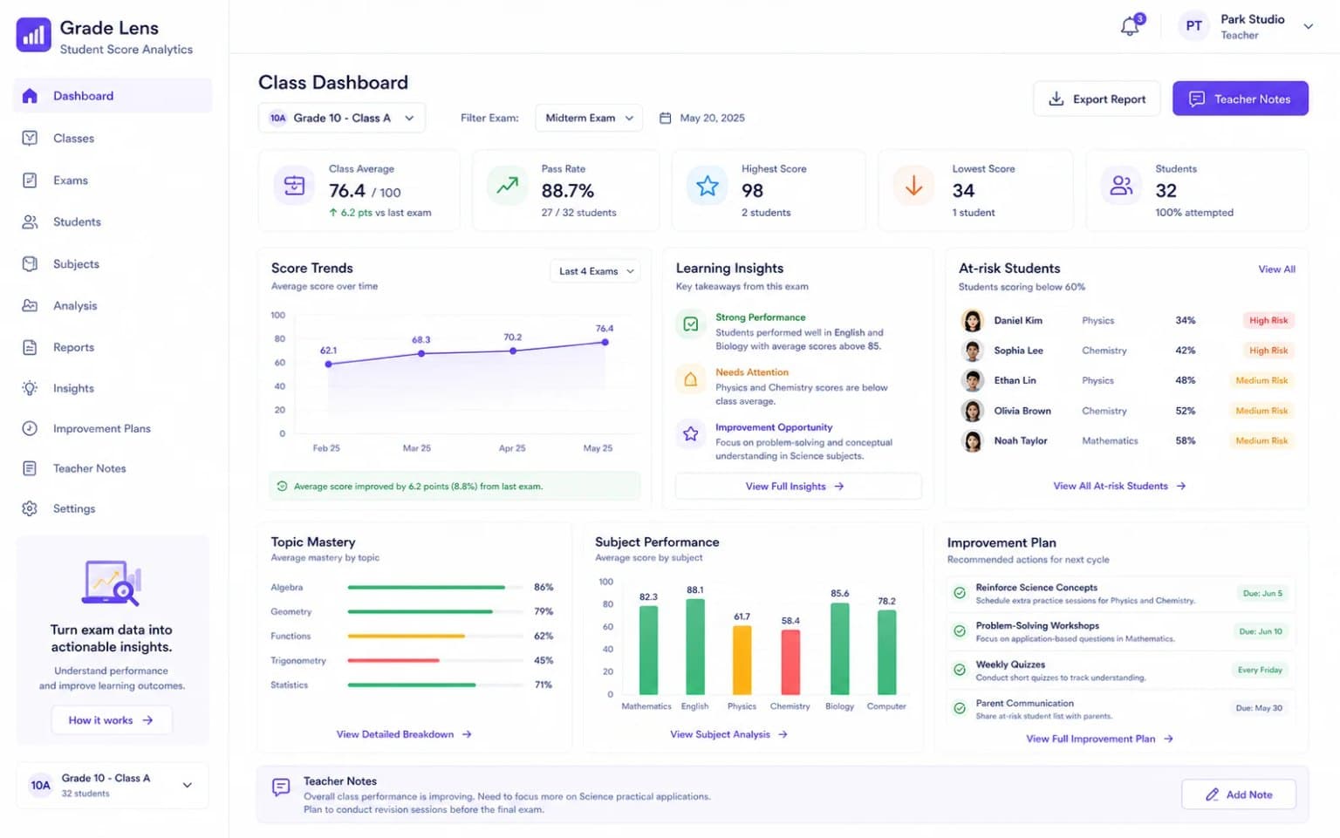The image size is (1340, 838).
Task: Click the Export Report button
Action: [1097, 99]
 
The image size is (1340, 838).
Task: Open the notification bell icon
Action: [1130, 26]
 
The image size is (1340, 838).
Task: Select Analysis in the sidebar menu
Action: [75, 306]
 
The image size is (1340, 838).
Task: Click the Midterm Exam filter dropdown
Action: [589, 118]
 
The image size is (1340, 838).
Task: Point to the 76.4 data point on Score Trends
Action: [605, 342]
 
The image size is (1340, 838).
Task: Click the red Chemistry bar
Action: [790, 662]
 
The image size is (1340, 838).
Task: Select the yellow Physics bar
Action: [742, 660]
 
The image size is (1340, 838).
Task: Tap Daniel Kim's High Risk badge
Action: [1268, 321]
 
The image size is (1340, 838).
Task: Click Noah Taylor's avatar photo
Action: [972, 441]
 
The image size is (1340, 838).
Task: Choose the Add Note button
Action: [1238, 794]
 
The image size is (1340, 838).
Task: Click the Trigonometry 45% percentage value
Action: [544, 660]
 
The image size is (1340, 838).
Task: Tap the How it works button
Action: [112, 720]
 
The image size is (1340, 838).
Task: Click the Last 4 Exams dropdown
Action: [595, 271]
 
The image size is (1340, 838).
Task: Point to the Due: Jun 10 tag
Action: [1261, 631]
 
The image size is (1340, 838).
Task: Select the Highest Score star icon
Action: [708, 186]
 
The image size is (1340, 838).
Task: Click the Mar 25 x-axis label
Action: [416, 448]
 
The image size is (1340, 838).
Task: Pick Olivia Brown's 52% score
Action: [1185, 411]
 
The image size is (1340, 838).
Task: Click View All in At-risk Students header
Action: [1276, 269]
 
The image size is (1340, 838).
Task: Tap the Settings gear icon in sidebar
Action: [30, 508]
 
